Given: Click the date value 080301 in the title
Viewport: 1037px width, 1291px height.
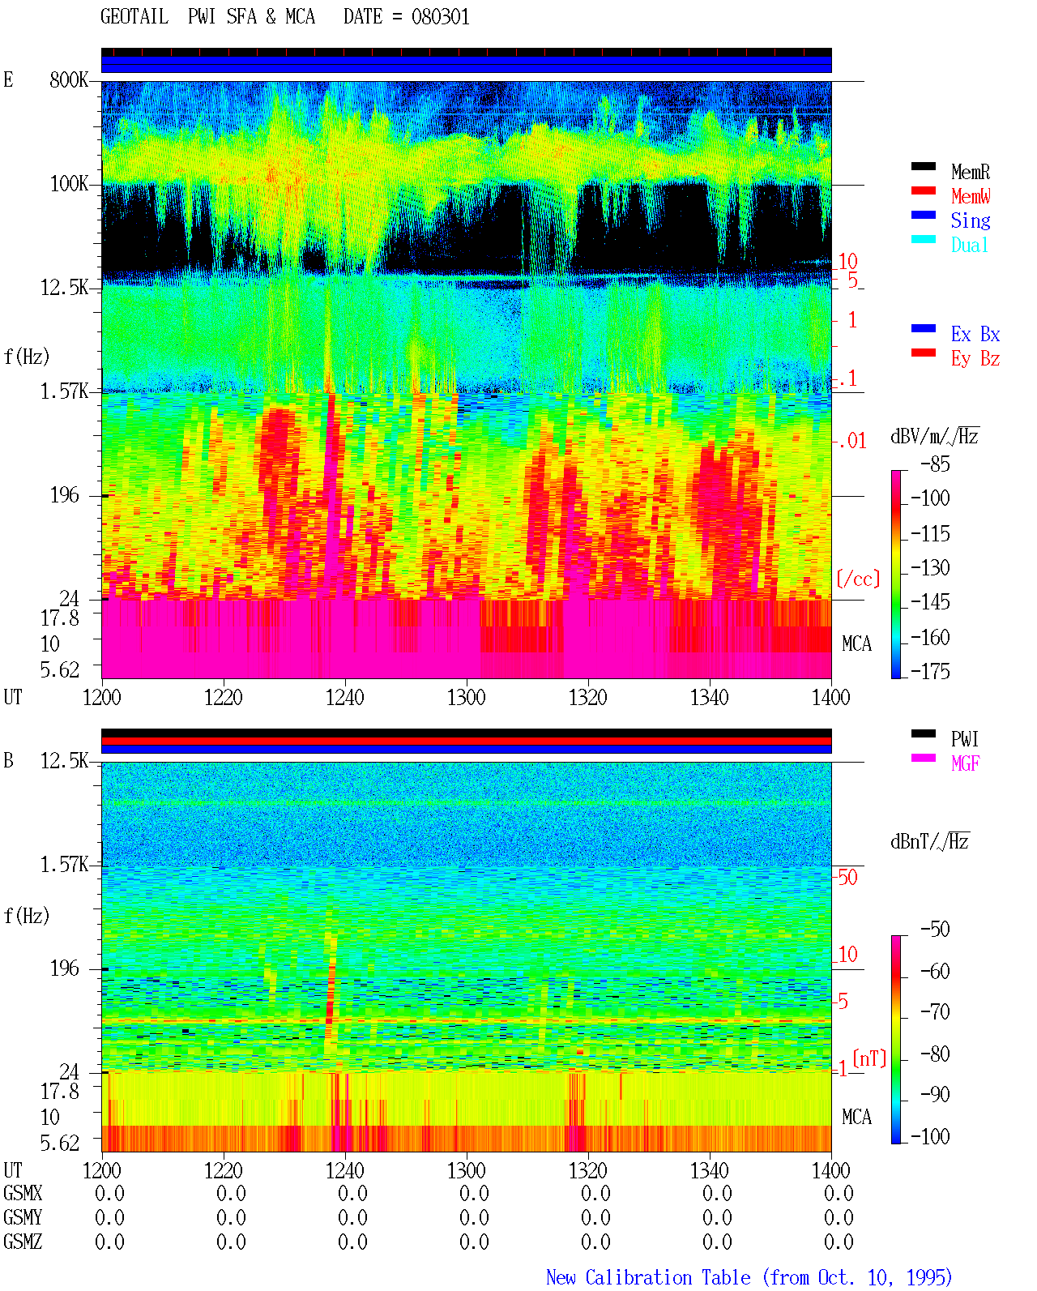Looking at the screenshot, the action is (x=440, y=17).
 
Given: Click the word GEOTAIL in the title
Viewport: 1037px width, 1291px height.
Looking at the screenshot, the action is (x=134, y=17).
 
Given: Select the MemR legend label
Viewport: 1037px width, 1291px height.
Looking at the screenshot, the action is (x=971, y=172).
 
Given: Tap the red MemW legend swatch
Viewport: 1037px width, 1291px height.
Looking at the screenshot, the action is (x=923, y=190).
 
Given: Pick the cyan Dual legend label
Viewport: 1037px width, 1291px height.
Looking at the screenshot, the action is (x=970, y=245).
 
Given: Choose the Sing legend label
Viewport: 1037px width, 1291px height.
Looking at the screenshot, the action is (x=971, y=220).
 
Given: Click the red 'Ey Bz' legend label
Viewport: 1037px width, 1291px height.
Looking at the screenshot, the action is (x=975, y=359).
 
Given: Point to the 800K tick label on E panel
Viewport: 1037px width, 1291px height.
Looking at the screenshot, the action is (x=69, y=79).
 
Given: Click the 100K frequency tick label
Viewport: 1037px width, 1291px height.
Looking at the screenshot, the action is (x=69, y=184).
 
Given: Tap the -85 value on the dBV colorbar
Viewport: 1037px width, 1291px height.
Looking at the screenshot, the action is (x=935, y=464).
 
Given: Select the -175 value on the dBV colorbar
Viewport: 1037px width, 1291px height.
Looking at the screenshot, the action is (x=930, y=671).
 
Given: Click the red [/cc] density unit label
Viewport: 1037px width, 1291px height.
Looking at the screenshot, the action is (x=858, y=579).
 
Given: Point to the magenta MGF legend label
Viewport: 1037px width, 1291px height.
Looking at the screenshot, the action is (x=966, y=763).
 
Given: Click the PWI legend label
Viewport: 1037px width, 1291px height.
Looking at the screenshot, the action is (x=965, y=739).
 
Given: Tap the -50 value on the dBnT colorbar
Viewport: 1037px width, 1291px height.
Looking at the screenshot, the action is (x=935, y=930).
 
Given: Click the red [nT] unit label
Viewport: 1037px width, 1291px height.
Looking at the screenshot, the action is (x=869, y=1058).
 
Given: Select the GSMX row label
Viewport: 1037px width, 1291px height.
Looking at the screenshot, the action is (x=23, y=1193).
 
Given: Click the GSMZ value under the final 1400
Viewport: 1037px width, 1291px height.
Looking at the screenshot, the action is (x=839, y=1242).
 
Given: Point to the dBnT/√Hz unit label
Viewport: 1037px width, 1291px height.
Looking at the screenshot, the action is (x=930, y=842).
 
